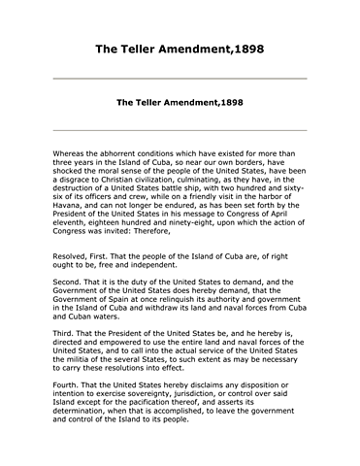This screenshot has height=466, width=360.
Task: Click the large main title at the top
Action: coord(180,48)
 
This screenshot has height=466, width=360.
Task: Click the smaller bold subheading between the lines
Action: coord(180,101)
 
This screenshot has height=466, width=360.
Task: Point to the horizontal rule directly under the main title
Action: coord(180,78)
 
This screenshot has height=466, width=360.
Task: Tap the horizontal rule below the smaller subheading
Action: coord(180,129)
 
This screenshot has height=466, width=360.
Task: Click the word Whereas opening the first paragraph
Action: coord(71,153)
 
